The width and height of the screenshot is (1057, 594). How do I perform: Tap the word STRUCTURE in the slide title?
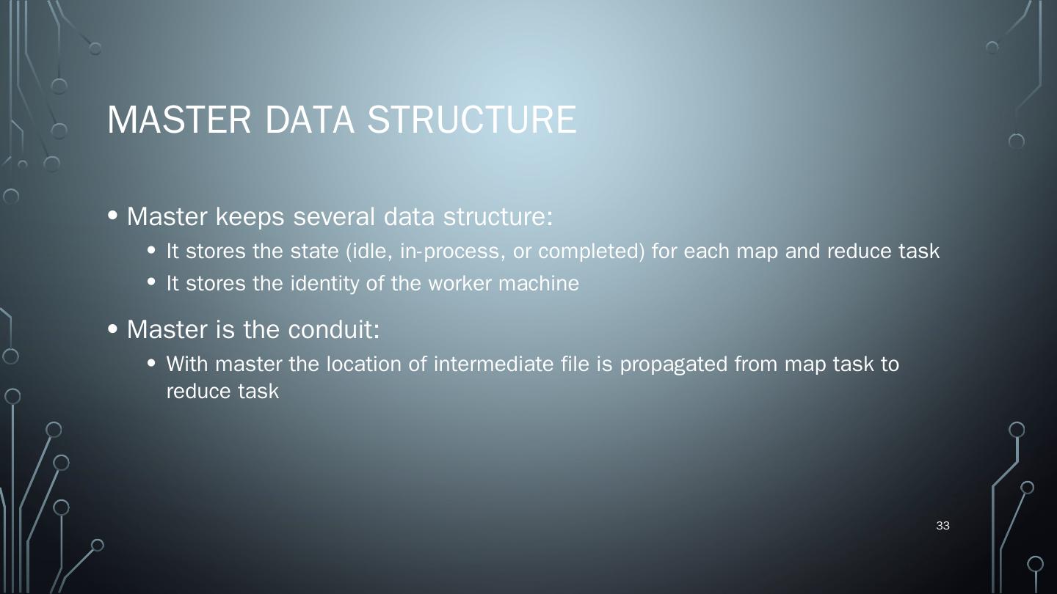[471, 120]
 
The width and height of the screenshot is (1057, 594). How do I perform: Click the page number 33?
[943, 526]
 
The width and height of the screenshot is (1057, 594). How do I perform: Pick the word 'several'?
[335, 217]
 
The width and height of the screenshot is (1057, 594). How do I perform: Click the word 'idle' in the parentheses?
[370, 252]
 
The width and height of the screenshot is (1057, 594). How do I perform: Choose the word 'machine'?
[539, 284]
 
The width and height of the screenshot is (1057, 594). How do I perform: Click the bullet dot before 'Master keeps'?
[112, 216]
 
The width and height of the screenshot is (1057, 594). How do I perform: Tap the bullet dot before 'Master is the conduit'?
[112, 329]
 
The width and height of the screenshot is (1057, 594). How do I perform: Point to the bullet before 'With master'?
[152, 363]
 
